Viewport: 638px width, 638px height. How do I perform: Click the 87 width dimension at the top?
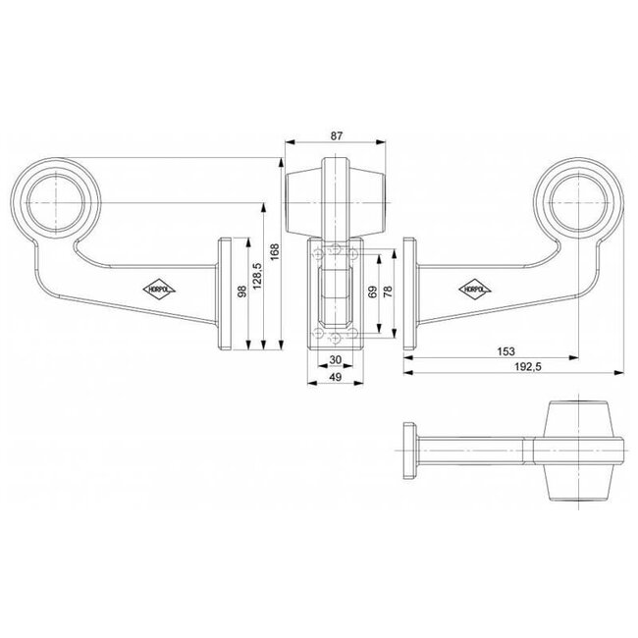[x=337, y=137]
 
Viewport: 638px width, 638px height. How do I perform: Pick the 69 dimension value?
[x=372, y=292]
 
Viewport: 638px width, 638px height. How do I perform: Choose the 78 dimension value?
[x=390, y=292]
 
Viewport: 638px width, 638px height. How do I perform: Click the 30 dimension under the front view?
[x=335, y=359]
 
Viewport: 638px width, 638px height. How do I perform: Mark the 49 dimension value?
[x=335, y=377]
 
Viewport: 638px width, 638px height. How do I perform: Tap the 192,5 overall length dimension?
[x=528, y=367]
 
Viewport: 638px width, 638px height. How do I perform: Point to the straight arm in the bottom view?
[x=476, y=451]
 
